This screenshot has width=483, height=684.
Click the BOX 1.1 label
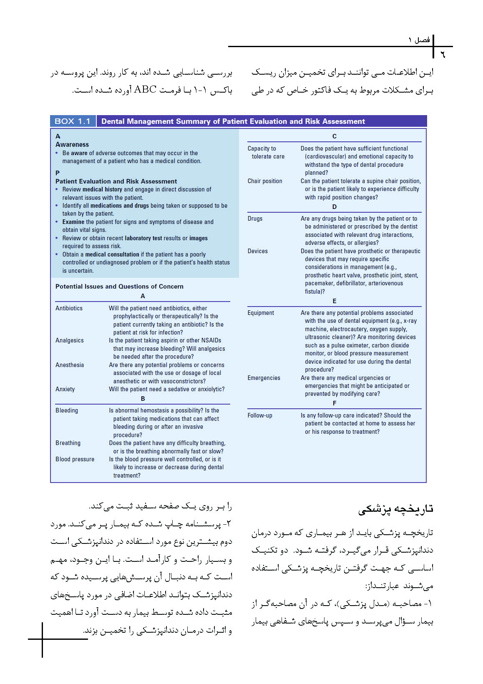73,121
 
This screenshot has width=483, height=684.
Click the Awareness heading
72,145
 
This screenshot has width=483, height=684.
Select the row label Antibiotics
69,308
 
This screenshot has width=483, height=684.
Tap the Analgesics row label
69,340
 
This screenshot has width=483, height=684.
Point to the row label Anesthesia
70,365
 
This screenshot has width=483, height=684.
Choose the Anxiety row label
65,389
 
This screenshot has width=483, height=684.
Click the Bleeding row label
67,410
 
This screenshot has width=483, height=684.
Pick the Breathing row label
68,443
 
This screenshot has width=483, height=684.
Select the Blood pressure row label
75,459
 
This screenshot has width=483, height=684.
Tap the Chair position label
265,181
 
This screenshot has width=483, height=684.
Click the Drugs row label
255,219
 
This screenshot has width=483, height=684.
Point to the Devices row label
258,251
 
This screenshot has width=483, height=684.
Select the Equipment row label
261,313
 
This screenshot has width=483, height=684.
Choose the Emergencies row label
264,378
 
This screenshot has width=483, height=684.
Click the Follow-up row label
260,415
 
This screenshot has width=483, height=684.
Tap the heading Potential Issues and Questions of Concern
119,287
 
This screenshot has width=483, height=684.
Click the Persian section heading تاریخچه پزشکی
395,509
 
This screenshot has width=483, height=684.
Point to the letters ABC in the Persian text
145,90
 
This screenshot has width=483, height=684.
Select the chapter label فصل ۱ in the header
419,40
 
